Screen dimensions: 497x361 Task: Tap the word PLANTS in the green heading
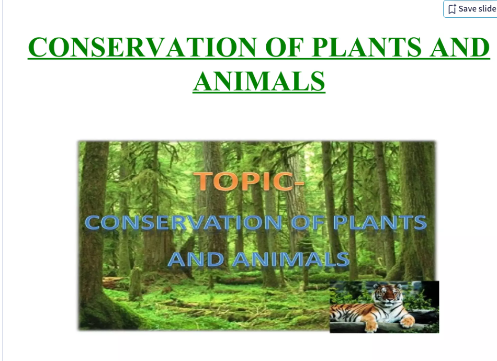tap(366, 47)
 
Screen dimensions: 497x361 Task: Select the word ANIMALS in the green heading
tap(259, 81)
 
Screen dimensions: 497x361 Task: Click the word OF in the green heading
tap(284, 47)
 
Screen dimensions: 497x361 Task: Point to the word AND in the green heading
tap(460, 47)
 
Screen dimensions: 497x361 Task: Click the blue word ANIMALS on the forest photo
tap(291, 259)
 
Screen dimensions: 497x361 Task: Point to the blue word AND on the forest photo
tap(196, 259)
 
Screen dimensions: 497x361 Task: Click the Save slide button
tap(470, 9)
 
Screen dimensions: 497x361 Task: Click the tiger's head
tap(387, 295)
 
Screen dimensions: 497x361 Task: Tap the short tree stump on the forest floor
tap(135, 284)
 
